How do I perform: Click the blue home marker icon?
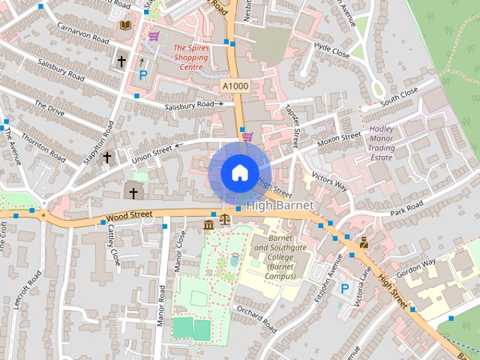(238, 173)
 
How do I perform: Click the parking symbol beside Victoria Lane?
(345, 288)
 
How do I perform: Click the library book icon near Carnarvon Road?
(125, 25)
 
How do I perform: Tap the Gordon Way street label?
(417, 268)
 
